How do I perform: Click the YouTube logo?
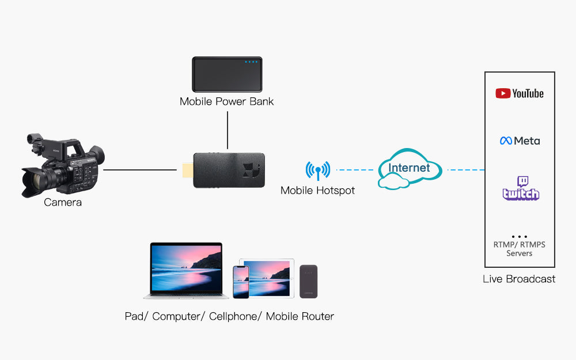tap(519, 93)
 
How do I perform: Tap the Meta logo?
tap(520, 141)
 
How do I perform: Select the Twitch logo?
tap(521, 188)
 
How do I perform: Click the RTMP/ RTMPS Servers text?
tap(519, 249)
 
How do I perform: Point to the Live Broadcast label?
tap(519, 279)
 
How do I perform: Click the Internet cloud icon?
tap(410, 169)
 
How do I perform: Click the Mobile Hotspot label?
tap(317, 190)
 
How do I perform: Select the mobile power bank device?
tap(227, 75)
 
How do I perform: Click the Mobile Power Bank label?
tap(226, 102)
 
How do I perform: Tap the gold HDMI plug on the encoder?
tap(187, 170)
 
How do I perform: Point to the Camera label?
tap(63, 203)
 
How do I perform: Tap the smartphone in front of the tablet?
tap(241, 282)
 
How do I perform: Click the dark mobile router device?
tap(308, 281)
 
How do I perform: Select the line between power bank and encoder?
tap(228, 131)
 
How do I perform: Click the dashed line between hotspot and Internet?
tap(355, 170)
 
